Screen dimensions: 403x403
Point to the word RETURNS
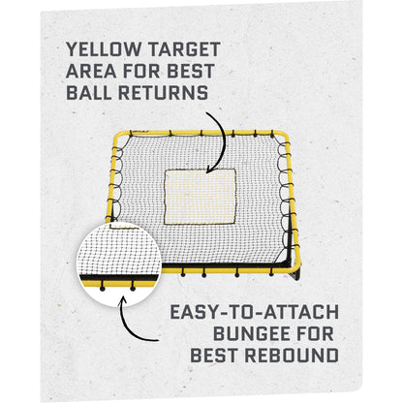[162, 92]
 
